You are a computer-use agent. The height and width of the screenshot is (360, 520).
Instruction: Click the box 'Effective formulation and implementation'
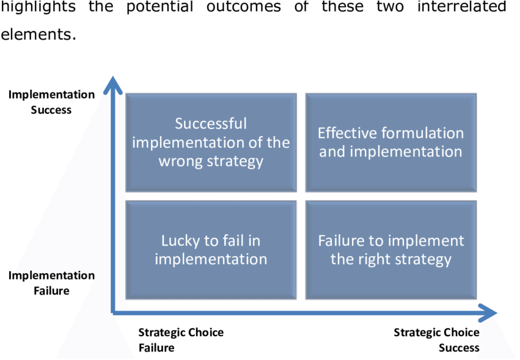click(391, 142)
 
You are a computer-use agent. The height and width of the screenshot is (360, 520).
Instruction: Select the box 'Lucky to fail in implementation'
click(211, 249)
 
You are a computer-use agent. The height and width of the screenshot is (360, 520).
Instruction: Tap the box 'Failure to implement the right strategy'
click(391, 249)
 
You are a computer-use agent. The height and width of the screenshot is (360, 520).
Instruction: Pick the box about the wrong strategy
click(211, 142)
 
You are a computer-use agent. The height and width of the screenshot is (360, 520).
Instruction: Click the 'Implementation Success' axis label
click(51, 102)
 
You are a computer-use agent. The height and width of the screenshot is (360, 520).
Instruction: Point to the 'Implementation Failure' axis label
click(51, 283)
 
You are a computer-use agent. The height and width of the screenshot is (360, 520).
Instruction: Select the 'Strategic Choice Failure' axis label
click(181, 340)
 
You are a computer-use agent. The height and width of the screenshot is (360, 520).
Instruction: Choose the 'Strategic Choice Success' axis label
click(436, 340)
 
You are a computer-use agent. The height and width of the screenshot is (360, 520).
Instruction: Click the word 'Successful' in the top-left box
click(211, 123)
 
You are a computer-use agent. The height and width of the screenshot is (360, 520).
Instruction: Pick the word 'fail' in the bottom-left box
click(235, 240)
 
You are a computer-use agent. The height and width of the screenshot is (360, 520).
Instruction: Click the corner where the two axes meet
click(113, 312)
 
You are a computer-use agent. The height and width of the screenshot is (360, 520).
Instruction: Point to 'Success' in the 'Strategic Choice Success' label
click(459, 348)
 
